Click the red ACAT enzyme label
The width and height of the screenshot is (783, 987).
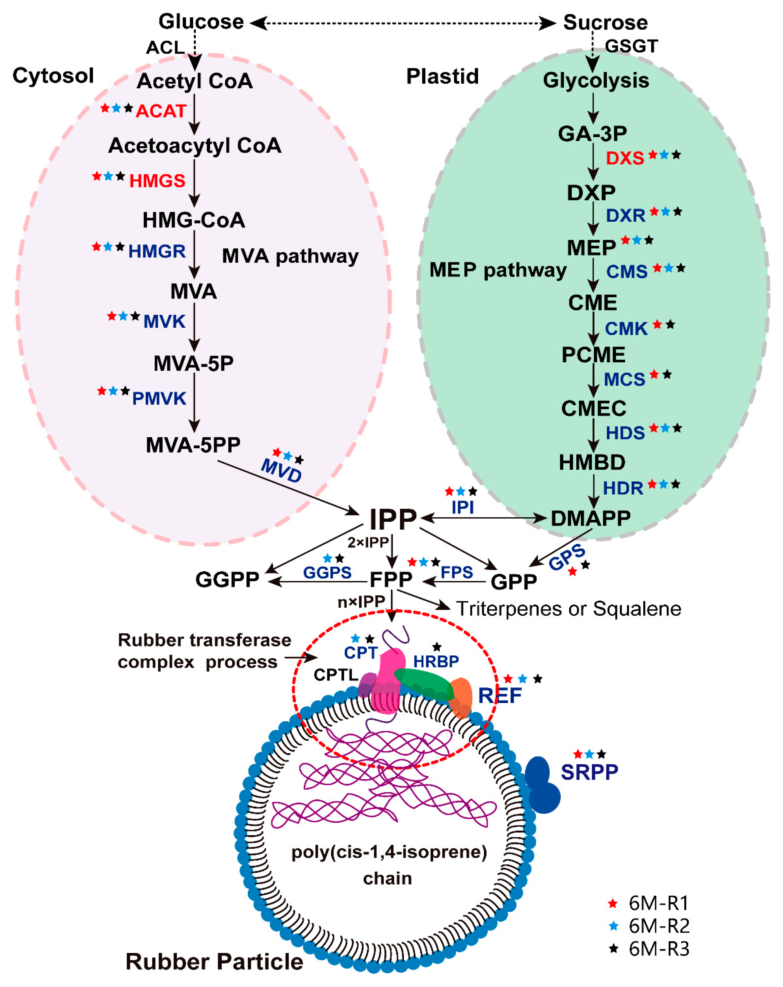coord(161,111)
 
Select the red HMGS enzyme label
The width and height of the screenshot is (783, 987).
coord(157,181)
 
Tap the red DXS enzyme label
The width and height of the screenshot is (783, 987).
coord(625,159)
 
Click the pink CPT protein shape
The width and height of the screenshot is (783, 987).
coord(389,678)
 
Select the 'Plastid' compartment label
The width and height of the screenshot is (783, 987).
coord(442,77)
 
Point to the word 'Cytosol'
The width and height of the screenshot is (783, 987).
coord(53,76)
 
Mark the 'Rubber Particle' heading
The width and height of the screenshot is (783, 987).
coord(214,961)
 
